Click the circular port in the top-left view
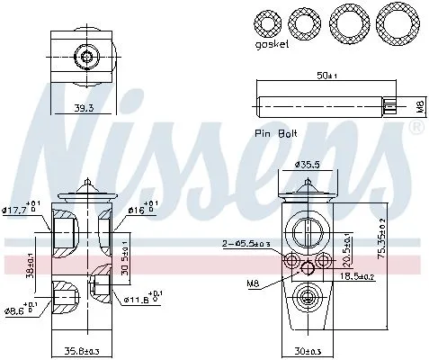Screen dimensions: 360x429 pyautogui.click(x=87, y=58)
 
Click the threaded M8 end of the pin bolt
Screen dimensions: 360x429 pyautogui.click(x=394, y=107)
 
